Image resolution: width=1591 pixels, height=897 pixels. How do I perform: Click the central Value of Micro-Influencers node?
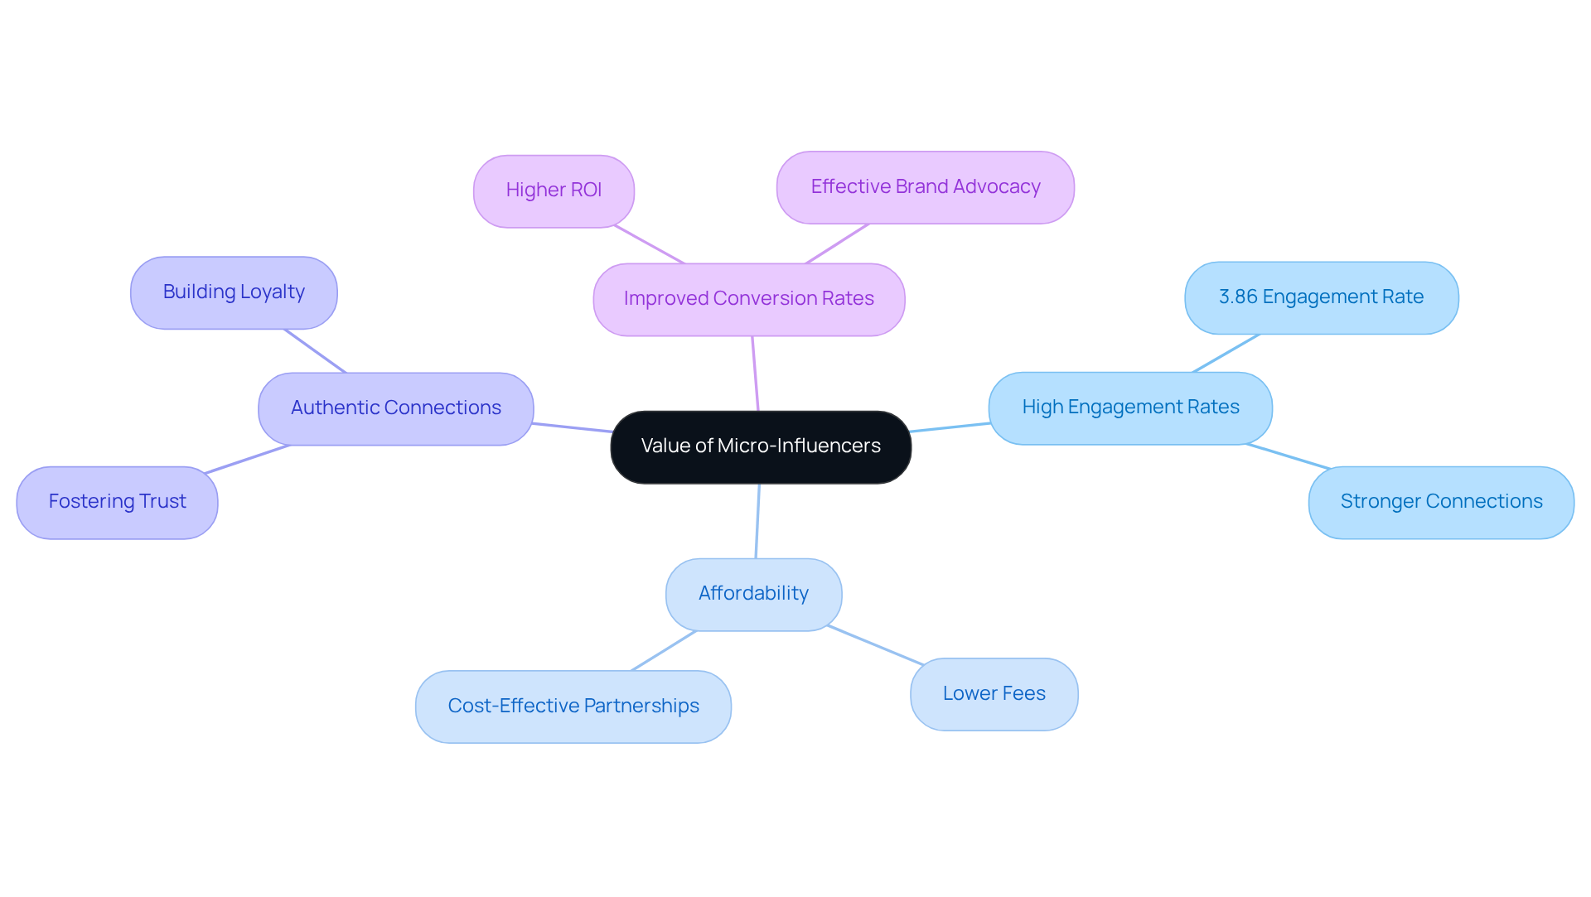(761, 447)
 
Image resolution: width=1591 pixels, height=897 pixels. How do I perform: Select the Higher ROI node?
(554, 190)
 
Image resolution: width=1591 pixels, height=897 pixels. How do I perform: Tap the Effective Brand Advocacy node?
(925, 187)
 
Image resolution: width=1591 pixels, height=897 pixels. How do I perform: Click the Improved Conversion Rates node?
(748, 299)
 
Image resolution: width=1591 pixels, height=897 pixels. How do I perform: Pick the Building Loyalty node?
(234, 292)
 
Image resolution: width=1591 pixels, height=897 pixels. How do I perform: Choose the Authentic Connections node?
(395, 408)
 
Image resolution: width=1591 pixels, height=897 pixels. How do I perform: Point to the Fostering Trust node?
(117, 502)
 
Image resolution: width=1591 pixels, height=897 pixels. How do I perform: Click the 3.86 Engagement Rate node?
(1321, 297)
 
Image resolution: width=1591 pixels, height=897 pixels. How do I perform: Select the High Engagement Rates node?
(1130, 408)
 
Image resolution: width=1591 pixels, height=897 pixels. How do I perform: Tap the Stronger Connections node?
(1441, 502)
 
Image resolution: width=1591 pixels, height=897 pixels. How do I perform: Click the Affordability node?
(753, 594)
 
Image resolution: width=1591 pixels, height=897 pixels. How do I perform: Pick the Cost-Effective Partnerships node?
(573, 707)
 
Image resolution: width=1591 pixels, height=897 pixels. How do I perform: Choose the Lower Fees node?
(994, 694)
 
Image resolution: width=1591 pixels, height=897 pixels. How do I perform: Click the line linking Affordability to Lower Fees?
(875, 645)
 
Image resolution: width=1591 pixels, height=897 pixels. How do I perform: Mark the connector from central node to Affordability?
(757, 521)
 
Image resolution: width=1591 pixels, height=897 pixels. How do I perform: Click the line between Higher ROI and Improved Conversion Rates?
(649, 244)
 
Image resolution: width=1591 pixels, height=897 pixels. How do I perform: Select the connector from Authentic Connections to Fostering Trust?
(247, 460)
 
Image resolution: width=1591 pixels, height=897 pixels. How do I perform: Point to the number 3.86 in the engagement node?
(1237, 297)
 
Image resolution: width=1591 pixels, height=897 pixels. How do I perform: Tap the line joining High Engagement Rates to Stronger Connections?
(1288, 456)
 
